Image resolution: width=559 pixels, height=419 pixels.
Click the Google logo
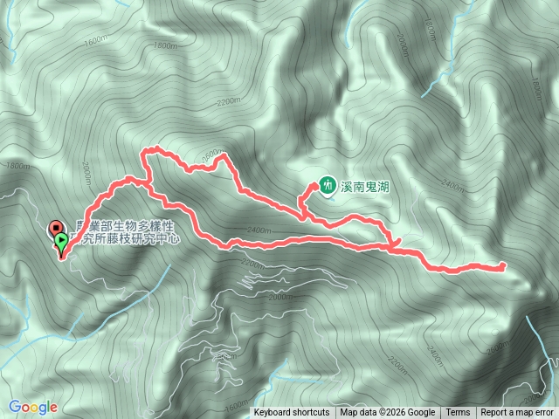click(33, 406)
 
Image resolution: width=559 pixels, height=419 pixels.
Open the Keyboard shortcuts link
click(292, 413)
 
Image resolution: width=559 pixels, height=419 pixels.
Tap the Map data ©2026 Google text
click(388, 413)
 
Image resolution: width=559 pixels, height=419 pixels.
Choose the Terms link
click(458, 413)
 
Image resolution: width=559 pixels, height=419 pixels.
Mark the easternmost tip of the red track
click(505, 264)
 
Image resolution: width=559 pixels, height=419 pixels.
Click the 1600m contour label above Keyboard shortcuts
click(237, 404)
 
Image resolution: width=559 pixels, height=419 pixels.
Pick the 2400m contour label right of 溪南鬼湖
click(454, 185)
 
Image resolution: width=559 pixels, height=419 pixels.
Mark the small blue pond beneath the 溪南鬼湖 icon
click(329, 196)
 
